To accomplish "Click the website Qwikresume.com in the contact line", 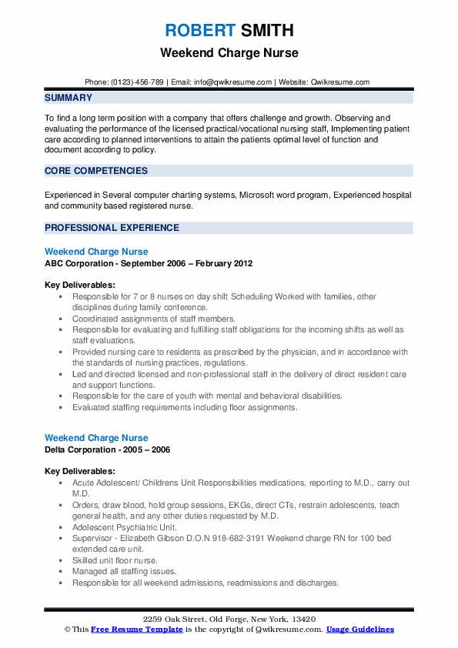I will pyautogui.click(x=340, y=82).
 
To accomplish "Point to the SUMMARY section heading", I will pyautogui.click(x=69, y=98).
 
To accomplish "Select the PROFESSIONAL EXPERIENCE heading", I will pyautogui.click(x=112, y=228).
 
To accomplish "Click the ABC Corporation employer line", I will pyautogui.click(x=148, y=263).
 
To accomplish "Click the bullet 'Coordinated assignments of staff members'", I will pyautogui.click(x=154, y=319).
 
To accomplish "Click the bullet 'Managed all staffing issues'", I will pyautogui.click(x=124, y=572).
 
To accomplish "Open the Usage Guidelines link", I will pyautogui.click(x=359, y=630).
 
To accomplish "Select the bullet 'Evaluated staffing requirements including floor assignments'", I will pyautogui.click(x=185, y=407).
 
